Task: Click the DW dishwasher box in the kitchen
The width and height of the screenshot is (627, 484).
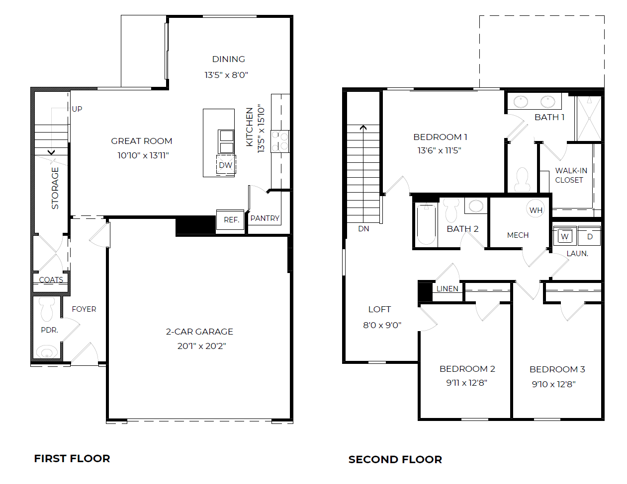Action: pos(226,165)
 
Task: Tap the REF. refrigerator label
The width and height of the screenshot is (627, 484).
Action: pos(231,219)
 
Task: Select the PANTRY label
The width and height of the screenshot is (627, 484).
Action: pos(265,218)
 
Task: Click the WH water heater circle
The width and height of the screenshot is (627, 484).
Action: pos(536,210)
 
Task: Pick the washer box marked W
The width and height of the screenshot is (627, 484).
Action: pos(564,236)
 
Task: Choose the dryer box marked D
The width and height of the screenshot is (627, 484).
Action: pos(590,236)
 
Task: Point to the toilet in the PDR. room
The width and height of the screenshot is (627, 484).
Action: pos(47,309)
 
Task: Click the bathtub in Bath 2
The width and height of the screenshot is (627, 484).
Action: pos(426,224)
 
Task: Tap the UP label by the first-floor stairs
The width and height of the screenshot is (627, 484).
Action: pos(77,109)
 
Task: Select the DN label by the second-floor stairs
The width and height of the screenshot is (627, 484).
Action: pos(363,229)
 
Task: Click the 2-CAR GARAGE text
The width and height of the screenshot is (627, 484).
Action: pos(199,332)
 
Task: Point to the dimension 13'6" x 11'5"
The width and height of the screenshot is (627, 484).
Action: pos(439,150)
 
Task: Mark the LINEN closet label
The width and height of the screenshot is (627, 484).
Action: pos(447,289)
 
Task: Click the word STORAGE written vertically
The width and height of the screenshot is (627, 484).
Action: pos(55,188)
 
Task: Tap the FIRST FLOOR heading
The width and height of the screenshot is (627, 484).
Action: pos(72,459)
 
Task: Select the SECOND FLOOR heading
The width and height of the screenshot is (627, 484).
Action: pos(395,460)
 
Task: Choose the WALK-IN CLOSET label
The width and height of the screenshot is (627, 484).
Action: pos(570,175)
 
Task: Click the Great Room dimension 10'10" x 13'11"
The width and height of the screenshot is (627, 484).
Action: pos(143,155)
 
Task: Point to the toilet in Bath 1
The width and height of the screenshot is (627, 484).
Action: pos(522,180)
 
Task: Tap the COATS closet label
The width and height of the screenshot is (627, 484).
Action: pos(51,280)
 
